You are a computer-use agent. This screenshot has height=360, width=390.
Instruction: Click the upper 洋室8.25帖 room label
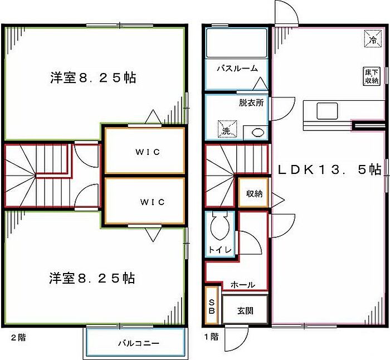92,78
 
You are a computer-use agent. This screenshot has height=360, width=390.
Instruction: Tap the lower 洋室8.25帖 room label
92,278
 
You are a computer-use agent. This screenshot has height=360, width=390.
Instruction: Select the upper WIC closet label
144,152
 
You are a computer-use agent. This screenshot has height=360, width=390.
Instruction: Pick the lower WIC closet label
144,202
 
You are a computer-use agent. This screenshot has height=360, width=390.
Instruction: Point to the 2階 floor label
17,338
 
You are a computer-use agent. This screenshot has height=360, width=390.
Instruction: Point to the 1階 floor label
211,338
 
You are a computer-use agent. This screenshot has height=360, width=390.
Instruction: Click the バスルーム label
237,69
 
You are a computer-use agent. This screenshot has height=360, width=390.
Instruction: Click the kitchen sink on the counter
326,110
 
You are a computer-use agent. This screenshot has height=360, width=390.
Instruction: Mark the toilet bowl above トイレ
218,227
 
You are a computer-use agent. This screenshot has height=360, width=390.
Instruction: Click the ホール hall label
243,285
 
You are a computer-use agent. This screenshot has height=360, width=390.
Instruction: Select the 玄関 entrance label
245,310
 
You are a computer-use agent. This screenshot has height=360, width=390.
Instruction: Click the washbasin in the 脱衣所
257,132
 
